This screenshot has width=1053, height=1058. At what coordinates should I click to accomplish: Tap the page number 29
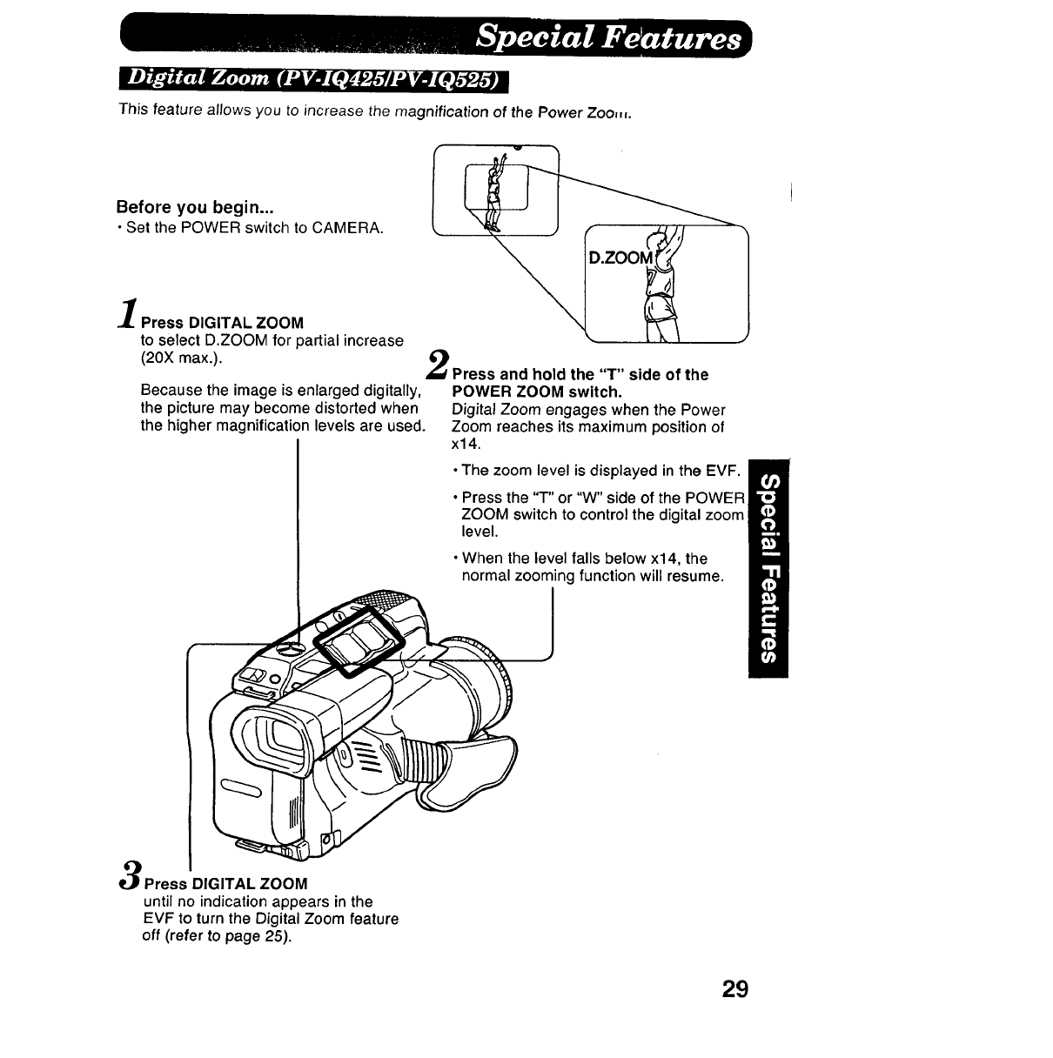pyautogui.click(x=734, y=989)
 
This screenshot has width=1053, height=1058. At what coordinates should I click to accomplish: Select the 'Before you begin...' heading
pyautogui.click(x=195, y=208)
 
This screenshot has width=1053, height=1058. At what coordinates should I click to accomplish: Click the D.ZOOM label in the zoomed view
pyautogui.click(x=620, y=258)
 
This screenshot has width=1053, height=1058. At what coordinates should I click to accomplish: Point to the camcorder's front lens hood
pyautogui.click(x=474, y=687)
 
